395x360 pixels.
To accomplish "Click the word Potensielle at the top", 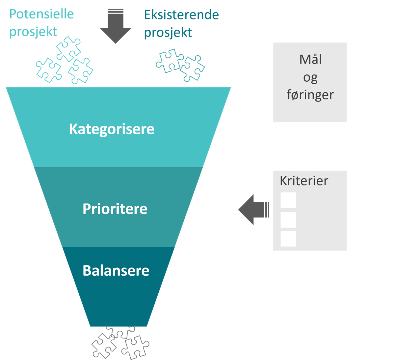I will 41,14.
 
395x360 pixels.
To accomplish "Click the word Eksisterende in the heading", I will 181,15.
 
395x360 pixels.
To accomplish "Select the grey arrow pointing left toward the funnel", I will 253,209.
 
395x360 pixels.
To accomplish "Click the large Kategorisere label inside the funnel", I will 112,129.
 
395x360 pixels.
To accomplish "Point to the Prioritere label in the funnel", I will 115,209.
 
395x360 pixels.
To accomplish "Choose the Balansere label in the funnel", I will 116,271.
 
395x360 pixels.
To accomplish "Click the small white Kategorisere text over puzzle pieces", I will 75,50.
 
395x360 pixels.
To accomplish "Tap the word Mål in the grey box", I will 310,60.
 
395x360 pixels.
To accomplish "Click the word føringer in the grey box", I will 310,95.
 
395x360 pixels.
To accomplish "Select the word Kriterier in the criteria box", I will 304,181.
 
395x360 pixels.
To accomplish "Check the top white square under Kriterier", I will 288,200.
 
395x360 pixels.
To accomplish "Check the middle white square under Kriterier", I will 288,220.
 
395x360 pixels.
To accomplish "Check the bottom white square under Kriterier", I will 288,239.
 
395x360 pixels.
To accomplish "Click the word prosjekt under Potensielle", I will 33,32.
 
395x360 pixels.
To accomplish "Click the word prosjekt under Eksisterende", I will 168,33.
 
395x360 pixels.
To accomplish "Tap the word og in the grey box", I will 310,78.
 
